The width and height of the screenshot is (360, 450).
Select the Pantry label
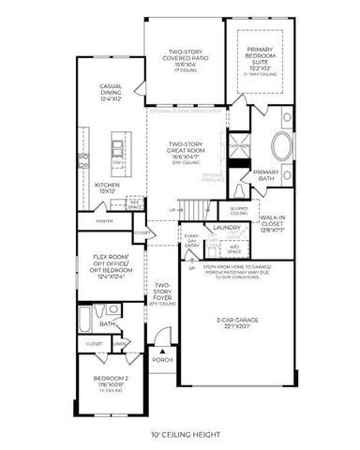pos(105,221)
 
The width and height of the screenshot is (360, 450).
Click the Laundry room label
pos(228,227)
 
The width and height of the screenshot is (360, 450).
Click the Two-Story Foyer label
pos(163,293)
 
